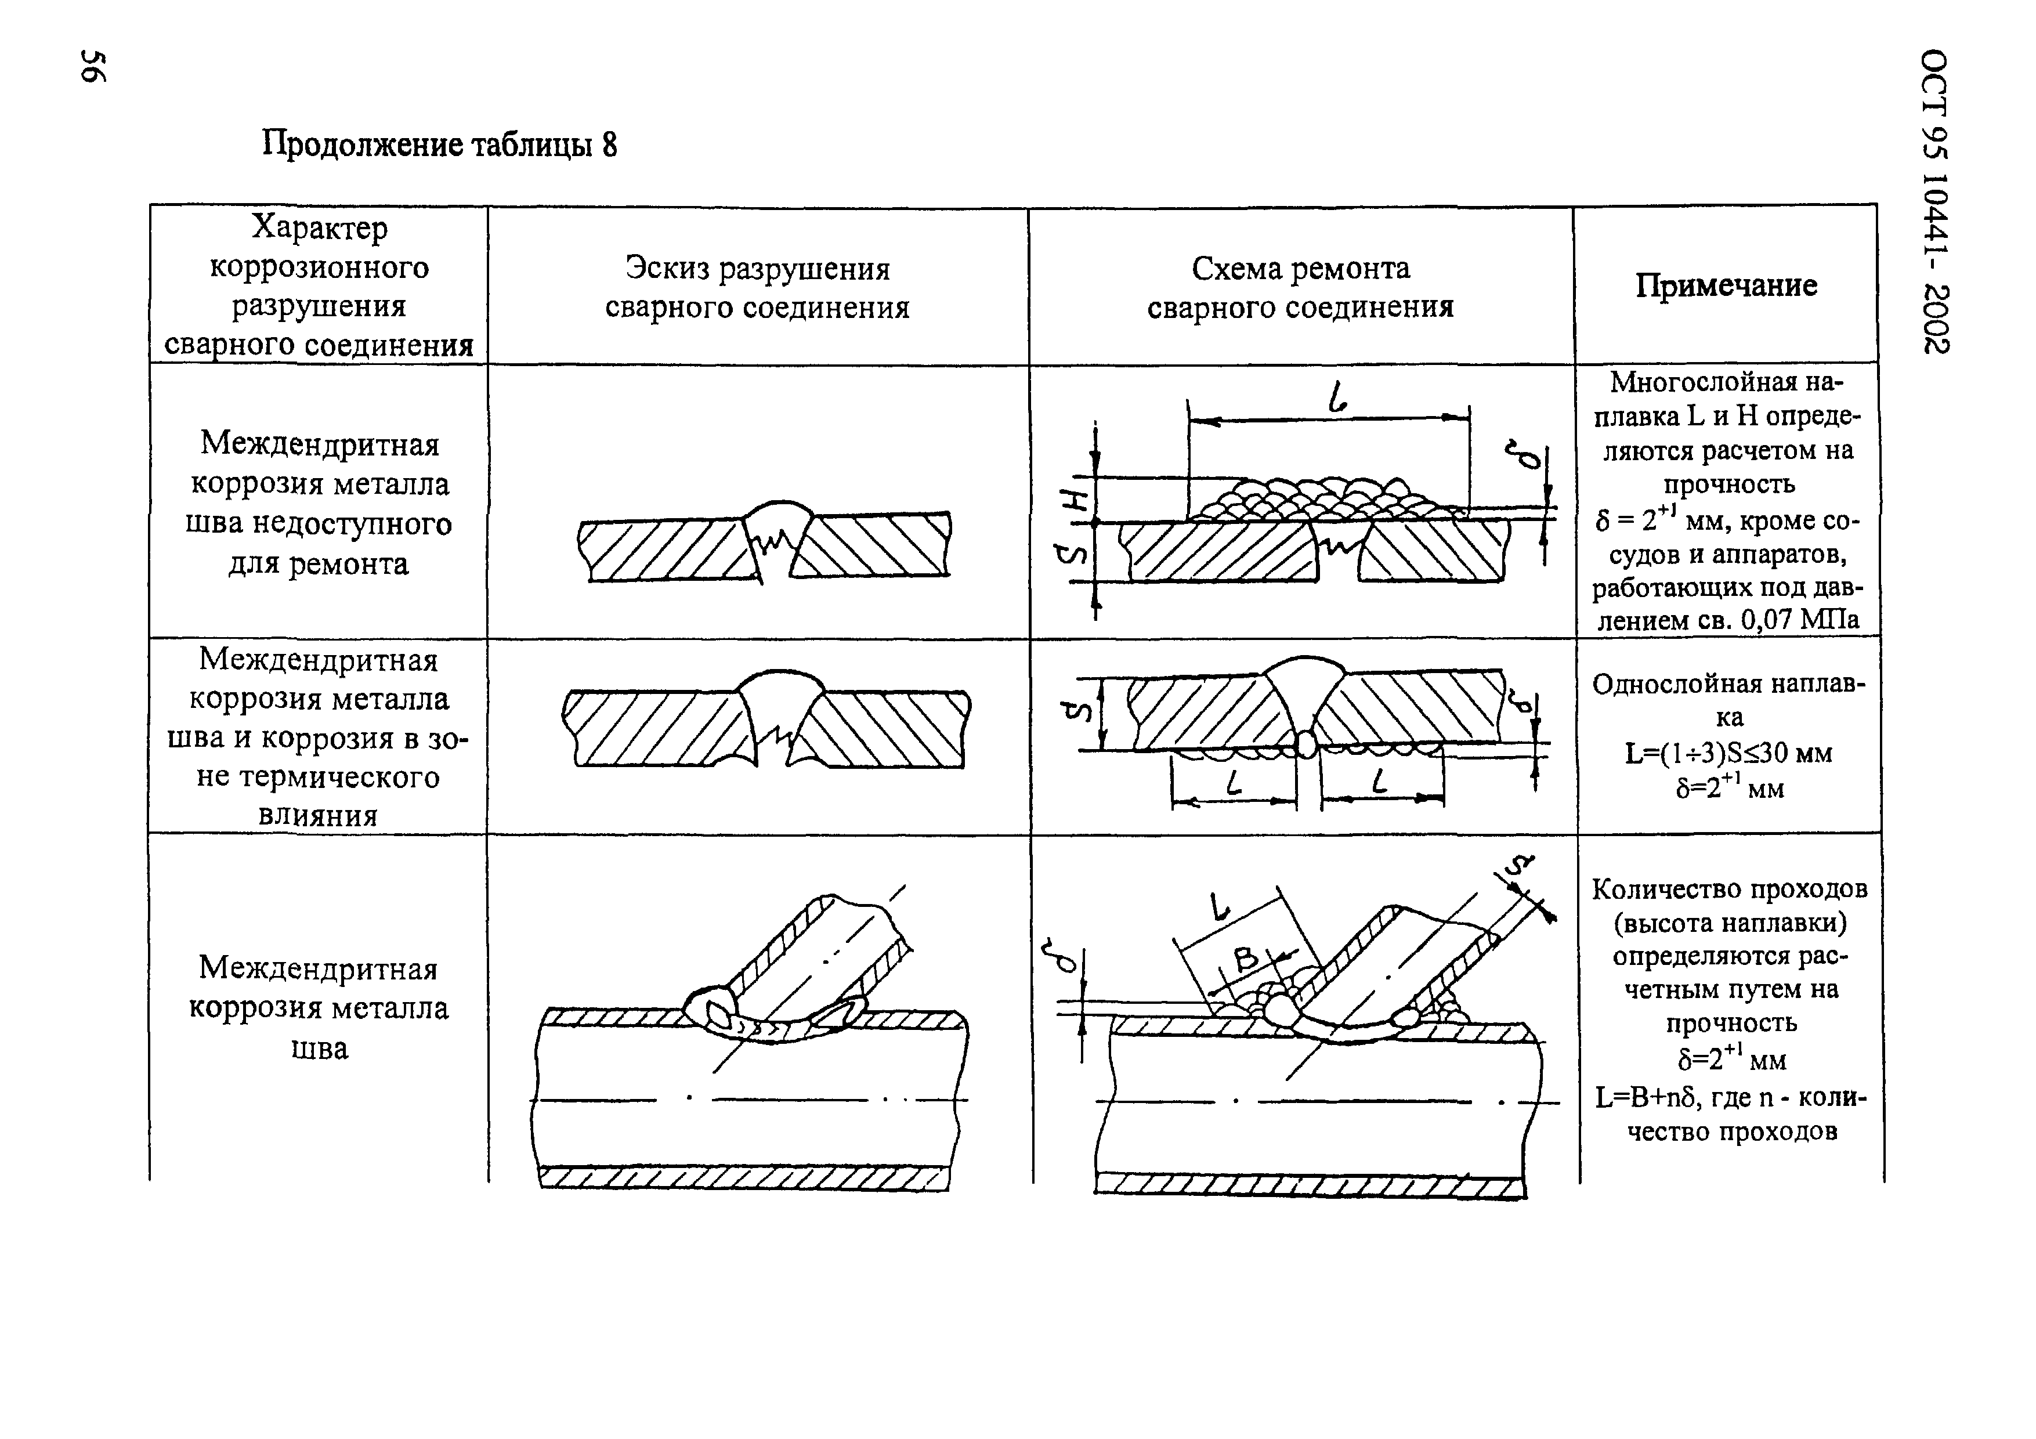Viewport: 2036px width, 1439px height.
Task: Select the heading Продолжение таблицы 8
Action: (439, 144)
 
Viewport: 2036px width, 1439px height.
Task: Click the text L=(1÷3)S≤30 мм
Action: (1728, 753)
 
